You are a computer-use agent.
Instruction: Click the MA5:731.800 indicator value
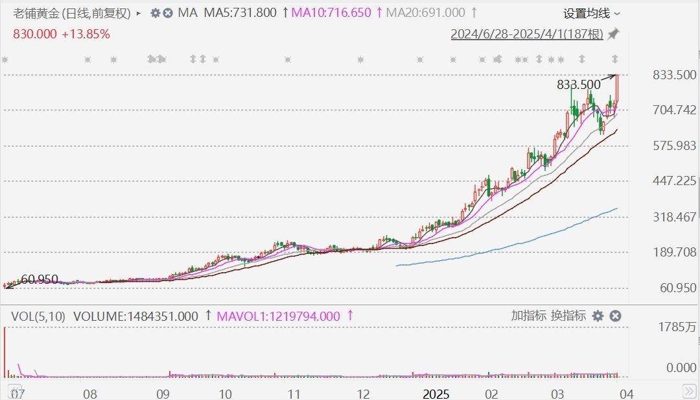(x=240, y=13)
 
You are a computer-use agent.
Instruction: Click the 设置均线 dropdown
(x=591, y=13)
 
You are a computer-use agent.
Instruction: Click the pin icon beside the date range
(x=613, y=34)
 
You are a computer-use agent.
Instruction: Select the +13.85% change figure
(x=86, y=34)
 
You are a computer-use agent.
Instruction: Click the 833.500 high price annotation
(x=578, y=84)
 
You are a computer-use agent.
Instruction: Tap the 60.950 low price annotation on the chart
(x=39, y=280)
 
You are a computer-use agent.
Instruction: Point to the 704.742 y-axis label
(x=674, y=110)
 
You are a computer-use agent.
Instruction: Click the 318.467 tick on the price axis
(x=674, y=216)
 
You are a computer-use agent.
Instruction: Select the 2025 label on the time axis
(x=436, y=394)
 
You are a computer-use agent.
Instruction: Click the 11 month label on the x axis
(x=294, y=394)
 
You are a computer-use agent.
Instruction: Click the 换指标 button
(x=568, y=316)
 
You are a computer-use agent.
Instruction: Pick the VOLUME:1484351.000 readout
(x=135, y=316)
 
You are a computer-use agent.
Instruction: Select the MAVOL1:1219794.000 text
(x=278, y=316)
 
